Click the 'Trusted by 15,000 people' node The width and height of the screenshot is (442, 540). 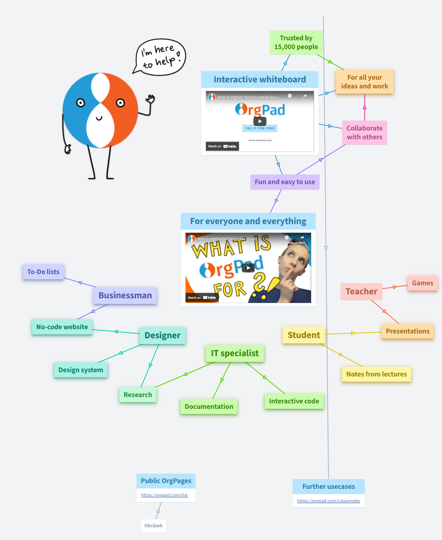click(x=296, y=42)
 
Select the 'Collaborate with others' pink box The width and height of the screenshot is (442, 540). click(x=364, y=133)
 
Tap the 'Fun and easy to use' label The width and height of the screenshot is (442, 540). click(x=285, y=182)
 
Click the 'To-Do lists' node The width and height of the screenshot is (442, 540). click(x=43, y=272)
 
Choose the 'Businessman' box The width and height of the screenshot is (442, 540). click(x=125, y=295)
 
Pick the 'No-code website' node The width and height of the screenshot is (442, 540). click(x=62, y=327)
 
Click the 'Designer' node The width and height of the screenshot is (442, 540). click(x=162, y=336)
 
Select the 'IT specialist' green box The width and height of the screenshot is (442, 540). click(x=235, y=353)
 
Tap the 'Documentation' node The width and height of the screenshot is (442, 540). click(x=209, y=407)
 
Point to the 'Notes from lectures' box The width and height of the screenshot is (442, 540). click(x=377, y=374)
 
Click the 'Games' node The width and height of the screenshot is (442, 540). click(x=423, y=283)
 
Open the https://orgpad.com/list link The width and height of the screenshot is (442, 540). click(x=164, y=495)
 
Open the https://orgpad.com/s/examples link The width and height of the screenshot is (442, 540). click(x=328, y=501)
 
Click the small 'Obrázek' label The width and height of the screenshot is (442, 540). click(x=153, y=526)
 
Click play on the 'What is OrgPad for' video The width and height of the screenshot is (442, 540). click(x=248, y=268)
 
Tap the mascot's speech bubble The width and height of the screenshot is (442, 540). click(x=161, y=57)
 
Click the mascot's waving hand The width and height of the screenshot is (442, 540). click(x=150, y=99)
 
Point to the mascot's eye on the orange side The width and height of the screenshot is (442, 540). click(x=120, y=103)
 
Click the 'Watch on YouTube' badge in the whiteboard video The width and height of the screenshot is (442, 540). click(x=222, y=146)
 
